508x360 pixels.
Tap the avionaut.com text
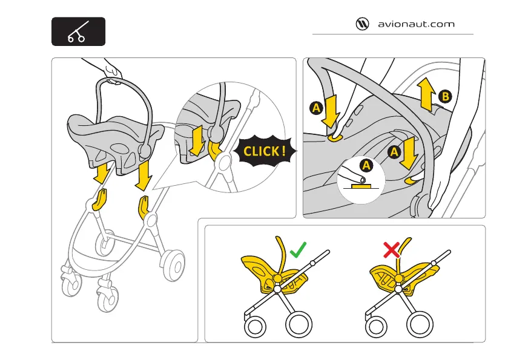[x=416, y=25]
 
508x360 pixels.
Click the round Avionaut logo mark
[x=362, y=24]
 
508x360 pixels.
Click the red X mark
[x=391, y=249]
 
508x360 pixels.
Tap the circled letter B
[x=445, y=96]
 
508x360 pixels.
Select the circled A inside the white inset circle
[x=365, y=165]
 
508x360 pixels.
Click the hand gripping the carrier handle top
[x=111, y=72]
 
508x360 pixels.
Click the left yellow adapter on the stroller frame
[x=100, y=200]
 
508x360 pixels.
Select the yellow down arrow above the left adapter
[x=102, y=174]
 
